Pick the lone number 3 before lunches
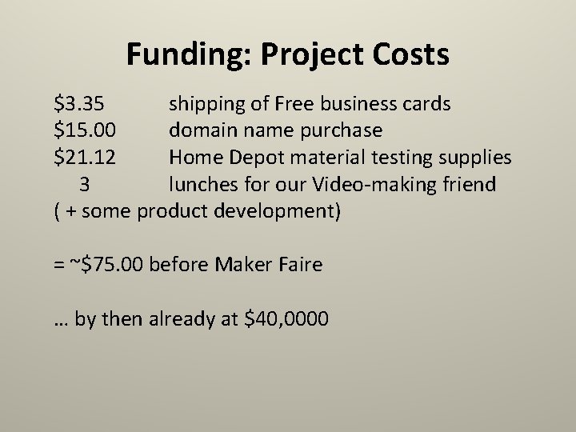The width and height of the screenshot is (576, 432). (85, 185)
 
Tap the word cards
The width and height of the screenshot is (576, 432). (426, 104)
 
